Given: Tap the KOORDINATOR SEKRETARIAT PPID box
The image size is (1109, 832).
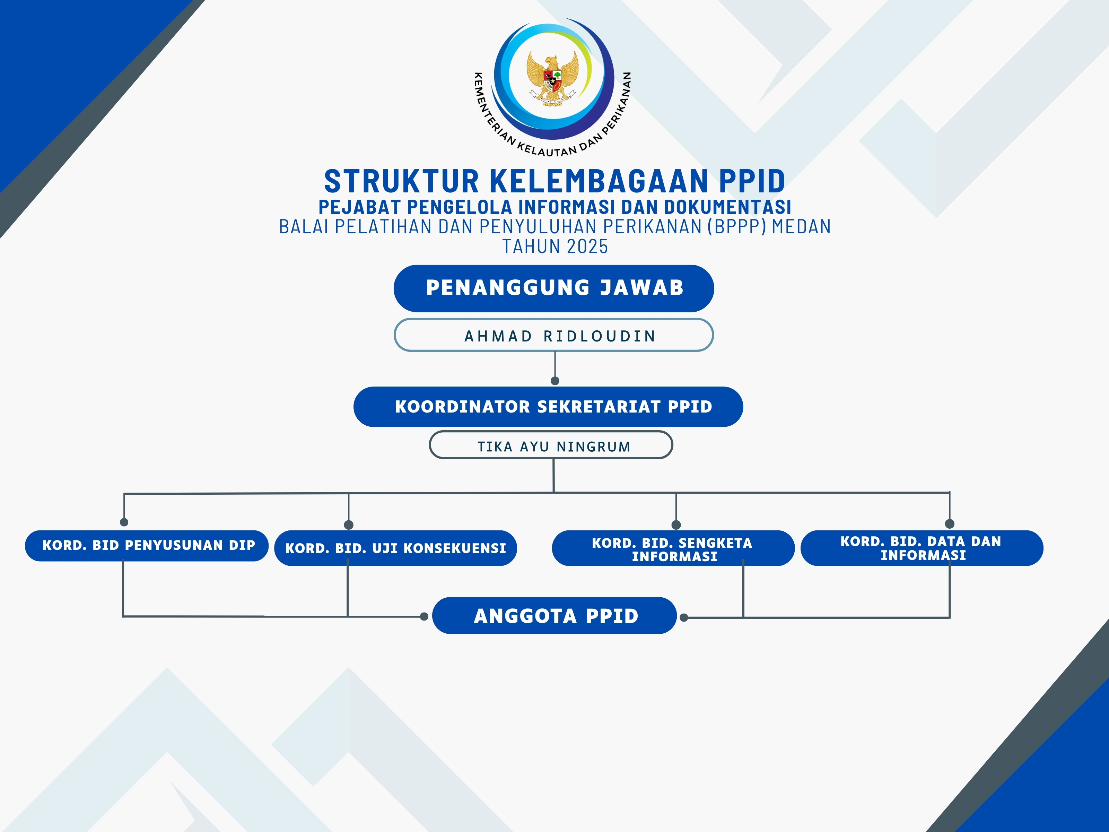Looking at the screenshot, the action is [x=548, y=407].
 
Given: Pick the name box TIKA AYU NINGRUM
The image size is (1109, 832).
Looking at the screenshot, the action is [x=551, y=445].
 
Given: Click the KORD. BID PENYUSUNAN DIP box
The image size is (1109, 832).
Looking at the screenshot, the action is [x=147, y=546].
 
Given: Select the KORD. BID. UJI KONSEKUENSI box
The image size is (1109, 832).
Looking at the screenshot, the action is [x=395, y=548].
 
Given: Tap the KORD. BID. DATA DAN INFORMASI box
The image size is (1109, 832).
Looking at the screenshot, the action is [x=922, y=548].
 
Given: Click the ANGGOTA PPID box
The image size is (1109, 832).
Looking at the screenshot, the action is [x=554, y=615].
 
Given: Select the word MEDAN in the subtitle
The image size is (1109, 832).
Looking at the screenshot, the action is [x=801, y=227].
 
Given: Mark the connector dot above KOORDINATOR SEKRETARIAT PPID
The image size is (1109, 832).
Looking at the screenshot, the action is [x=555, y=381].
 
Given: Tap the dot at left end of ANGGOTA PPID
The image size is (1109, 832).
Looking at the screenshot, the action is [x=424, y=616].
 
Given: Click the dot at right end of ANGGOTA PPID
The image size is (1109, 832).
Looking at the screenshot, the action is [x=683, y=617].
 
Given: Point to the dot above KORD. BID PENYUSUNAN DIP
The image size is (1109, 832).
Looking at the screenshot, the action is [x=124, y=522].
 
